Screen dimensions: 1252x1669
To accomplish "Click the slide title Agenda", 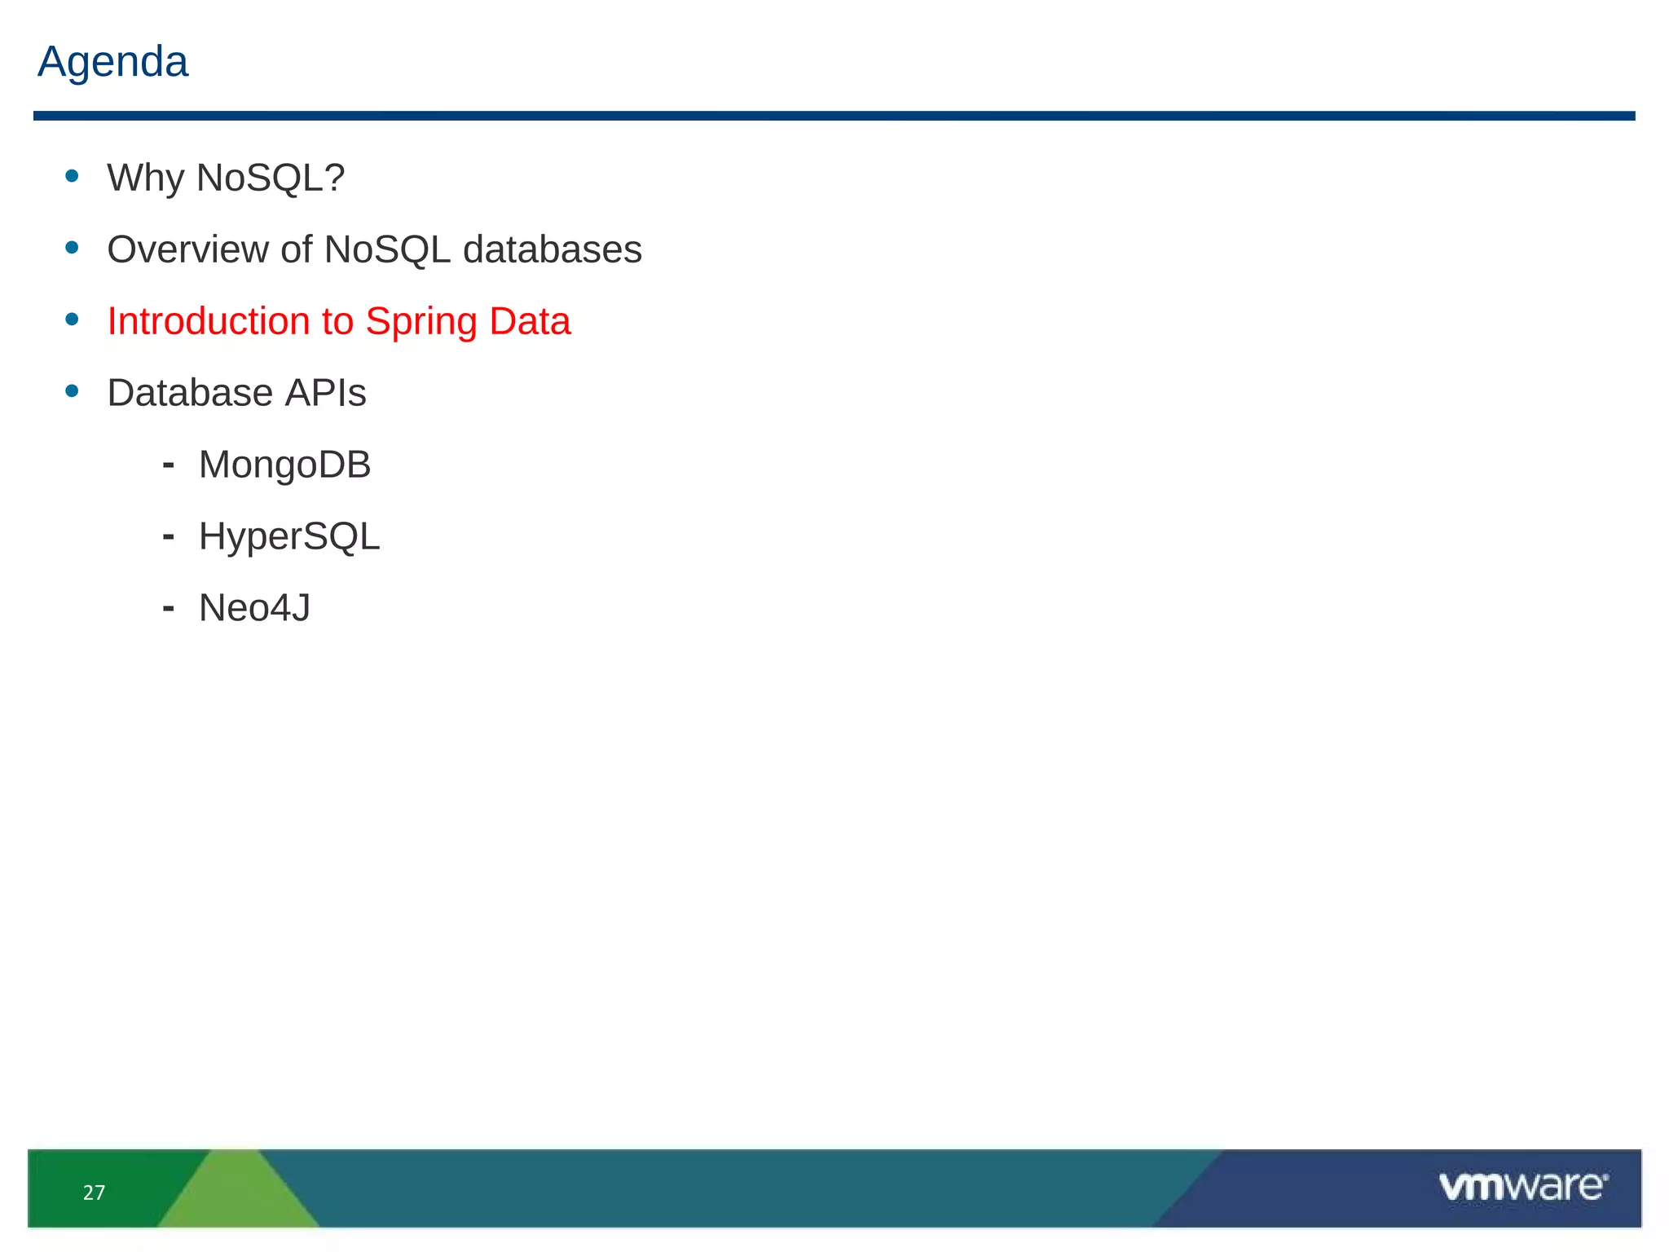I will click(112, 62).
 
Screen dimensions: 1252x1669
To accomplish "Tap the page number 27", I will click(94, 1192).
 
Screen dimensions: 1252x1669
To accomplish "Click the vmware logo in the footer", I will click(1522, 1186).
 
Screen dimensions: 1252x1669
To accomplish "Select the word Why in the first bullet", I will click(146, 178).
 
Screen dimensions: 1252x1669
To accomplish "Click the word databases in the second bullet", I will click(552, 249).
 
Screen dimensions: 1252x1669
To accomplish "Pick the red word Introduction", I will click(208, 321).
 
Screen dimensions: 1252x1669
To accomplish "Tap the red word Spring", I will click(421, 323).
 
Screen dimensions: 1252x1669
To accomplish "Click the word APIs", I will click(325, 393).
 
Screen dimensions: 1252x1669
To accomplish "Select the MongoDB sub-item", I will click(284, 465).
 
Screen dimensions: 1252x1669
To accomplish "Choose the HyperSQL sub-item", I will click(289, 537).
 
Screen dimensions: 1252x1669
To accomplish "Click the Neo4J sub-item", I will click(254, 608).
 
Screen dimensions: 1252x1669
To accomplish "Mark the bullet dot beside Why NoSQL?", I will click(73, 175).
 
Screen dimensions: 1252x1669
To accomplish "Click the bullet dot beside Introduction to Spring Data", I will click(73, 319).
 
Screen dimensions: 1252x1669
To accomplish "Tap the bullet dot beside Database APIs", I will click(73, 390).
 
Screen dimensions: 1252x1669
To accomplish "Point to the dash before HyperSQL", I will click(169, 536).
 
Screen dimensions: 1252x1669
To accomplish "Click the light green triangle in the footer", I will click(236, 1194).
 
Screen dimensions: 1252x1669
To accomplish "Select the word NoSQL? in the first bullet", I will click(271, 178).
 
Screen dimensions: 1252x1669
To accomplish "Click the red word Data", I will click(530, 321).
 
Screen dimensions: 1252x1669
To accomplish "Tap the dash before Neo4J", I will click(169, 608).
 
